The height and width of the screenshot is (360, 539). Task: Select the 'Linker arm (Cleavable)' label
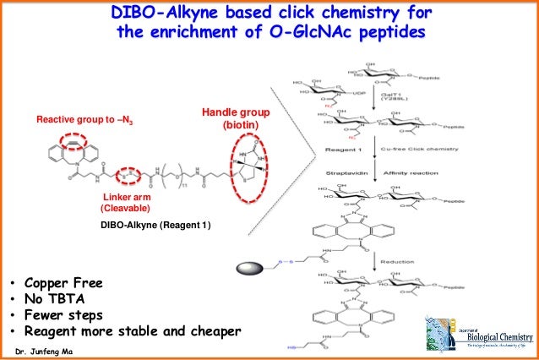[127, 201]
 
